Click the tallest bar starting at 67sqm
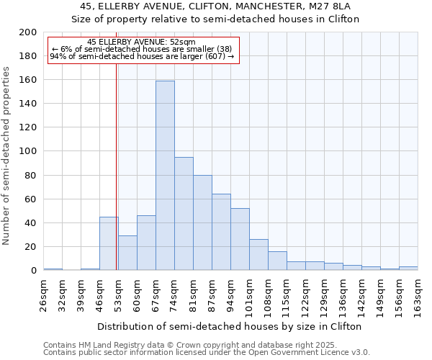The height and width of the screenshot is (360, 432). point(165,176)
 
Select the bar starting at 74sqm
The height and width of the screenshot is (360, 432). point(184,214)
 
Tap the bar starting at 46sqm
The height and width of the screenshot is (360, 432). point(109,243)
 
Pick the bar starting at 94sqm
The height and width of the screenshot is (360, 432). point(240,239)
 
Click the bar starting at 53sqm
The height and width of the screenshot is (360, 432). point(127,253)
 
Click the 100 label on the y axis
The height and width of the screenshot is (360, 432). point(28,151)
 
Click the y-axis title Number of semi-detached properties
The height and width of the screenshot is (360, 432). point(7,156)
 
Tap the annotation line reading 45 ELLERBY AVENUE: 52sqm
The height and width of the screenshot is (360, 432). point(140,42)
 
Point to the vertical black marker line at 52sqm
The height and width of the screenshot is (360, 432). point(116,166)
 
